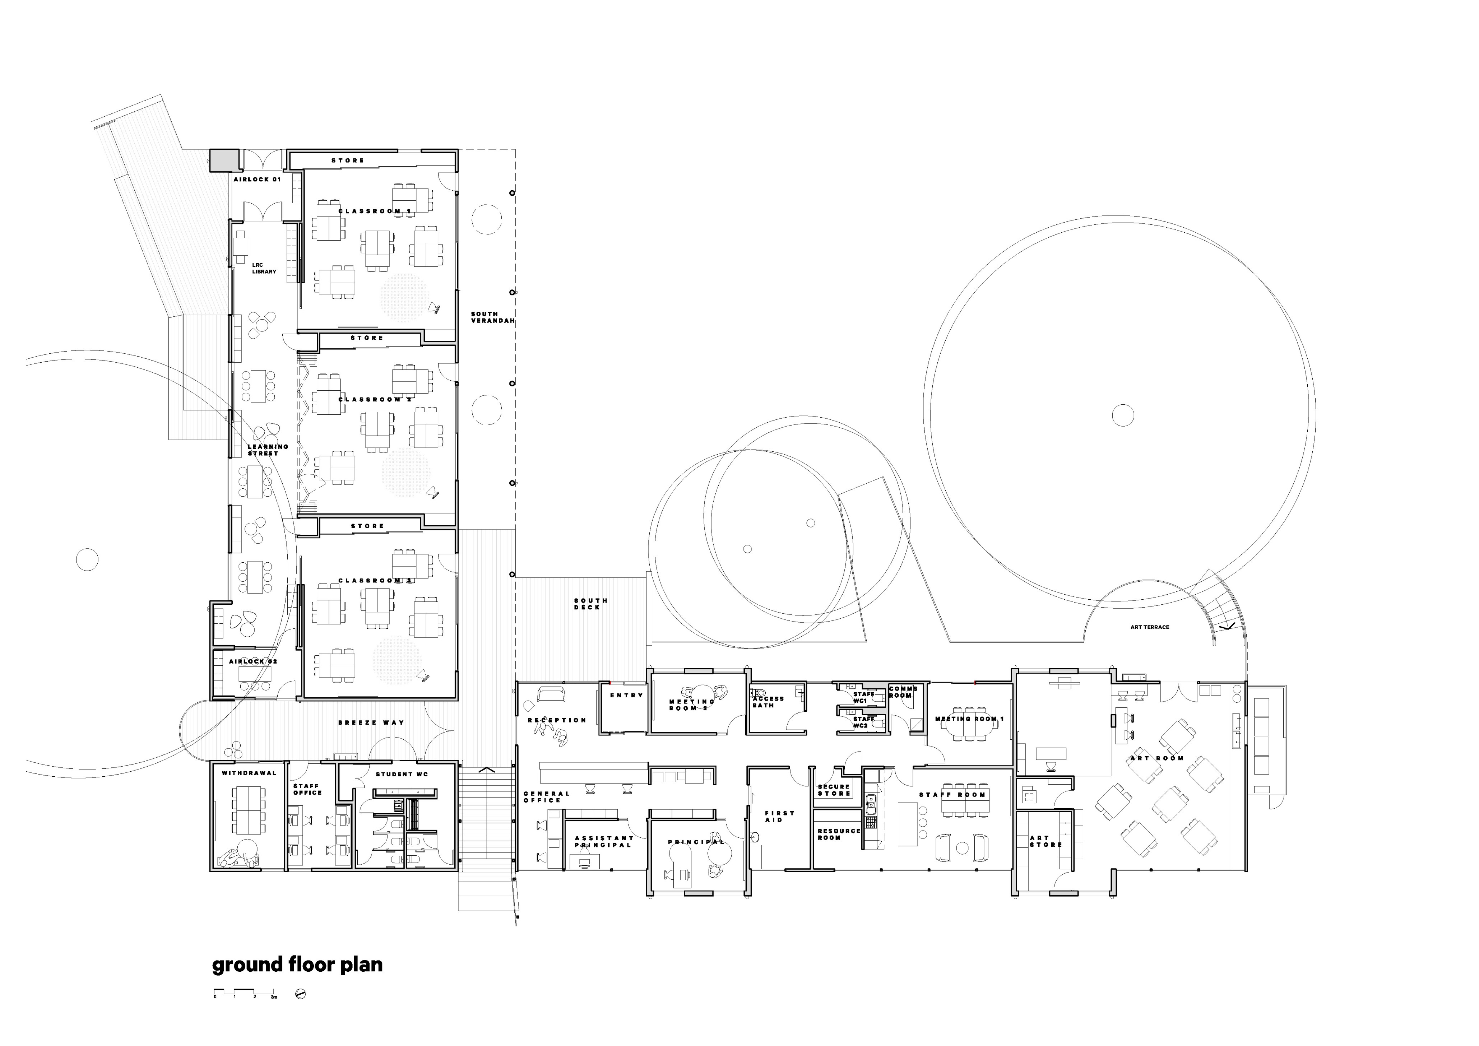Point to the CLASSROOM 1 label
374,211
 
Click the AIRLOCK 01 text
257,180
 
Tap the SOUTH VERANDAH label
493,317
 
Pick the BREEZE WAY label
371,723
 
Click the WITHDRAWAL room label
249,773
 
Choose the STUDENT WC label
402,774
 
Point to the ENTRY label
626,695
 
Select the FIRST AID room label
779,816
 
